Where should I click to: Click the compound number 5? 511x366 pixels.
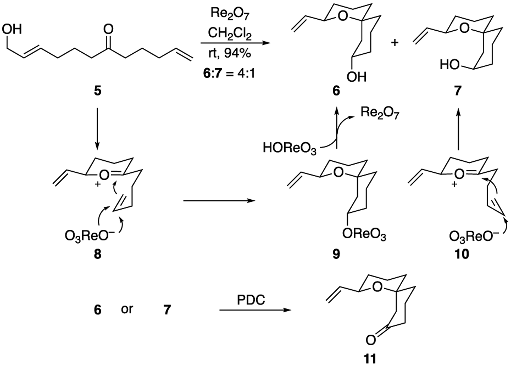[x=97, y=91]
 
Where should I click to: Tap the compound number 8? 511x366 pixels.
[x=97, y=254]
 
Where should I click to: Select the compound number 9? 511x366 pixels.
[x=336, y=254]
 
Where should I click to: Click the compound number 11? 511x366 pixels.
[x=370, y=359]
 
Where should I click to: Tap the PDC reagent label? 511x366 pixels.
[x=251, y=300]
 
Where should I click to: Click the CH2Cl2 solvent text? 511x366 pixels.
[x=229, y=34]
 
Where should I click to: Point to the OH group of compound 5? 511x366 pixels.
[x=12, y=29]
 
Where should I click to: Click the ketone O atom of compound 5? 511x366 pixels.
[x=108, y=29]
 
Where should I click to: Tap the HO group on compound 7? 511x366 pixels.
[x=450, y=65]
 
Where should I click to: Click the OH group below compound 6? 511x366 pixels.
[x=356, y=77]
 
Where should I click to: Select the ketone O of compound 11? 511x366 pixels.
[x=370, y=340]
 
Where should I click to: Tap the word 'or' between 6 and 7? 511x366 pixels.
[x=127, y=309]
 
